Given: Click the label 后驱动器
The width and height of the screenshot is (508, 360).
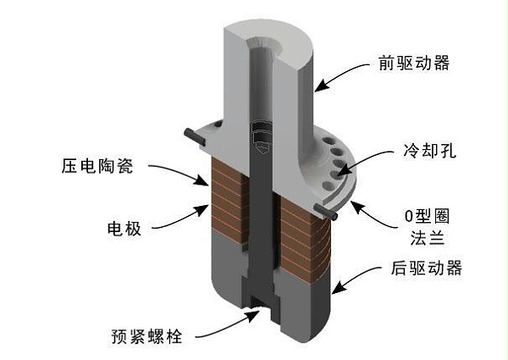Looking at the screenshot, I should tap(427, 269).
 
